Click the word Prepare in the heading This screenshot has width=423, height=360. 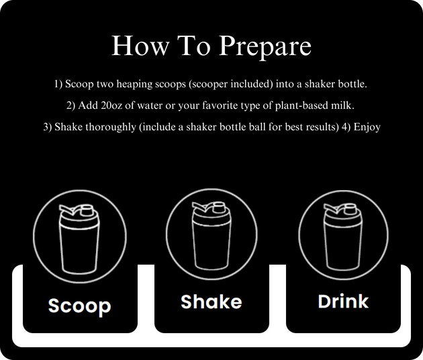265,46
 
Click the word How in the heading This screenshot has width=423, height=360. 140,46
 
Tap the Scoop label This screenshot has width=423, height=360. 80,306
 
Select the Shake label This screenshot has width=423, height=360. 211,302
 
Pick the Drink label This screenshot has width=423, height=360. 343,302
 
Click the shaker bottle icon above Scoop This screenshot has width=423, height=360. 79,238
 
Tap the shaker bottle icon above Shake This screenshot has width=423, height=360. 211,236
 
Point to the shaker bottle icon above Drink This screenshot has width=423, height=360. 343,236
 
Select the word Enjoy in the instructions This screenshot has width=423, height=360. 367,128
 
